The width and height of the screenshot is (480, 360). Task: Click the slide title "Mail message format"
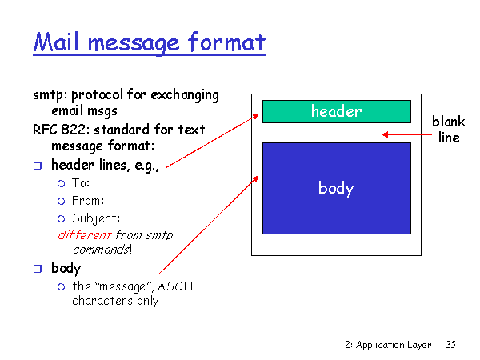(150, 43)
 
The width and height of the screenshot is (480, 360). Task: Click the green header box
(337, 111)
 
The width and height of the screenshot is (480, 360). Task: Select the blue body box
(337, 188)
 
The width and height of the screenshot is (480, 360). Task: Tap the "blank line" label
(449, 130)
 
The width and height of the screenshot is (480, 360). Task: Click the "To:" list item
(81, 183)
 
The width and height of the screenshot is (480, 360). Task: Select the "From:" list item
(88, 201)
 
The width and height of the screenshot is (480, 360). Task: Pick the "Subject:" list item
(96, 218)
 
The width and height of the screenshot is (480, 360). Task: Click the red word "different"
(85, 235)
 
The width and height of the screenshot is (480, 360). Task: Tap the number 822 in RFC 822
(73, 130)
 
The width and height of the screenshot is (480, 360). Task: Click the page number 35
(450, 345)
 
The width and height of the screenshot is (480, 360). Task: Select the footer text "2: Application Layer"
(388, 345)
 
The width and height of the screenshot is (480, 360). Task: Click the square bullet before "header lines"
(38, 166)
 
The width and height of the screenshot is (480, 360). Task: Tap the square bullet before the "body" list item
(38, 269)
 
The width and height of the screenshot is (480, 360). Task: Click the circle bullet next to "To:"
(62, 184)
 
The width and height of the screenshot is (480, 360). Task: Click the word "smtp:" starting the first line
(50, 95)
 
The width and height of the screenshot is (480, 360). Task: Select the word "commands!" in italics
(102, 250)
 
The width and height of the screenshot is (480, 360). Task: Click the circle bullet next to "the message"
(62, 287)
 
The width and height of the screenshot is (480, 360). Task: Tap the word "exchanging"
(185, 95)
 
